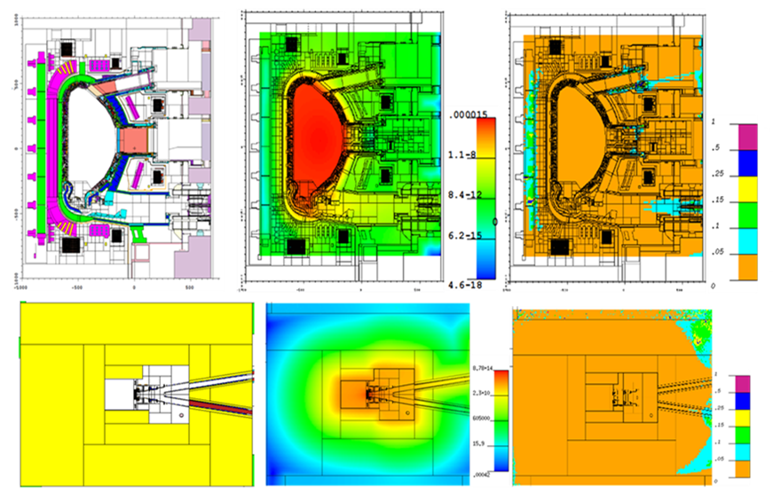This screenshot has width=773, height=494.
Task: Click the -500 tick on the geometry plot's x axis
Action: coord(77,288)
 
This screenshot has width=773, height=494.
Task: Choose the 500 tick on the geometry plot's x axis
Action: coord(190,288)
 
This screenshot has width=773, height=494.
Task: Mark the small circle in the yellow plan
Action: coord(181,414)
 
